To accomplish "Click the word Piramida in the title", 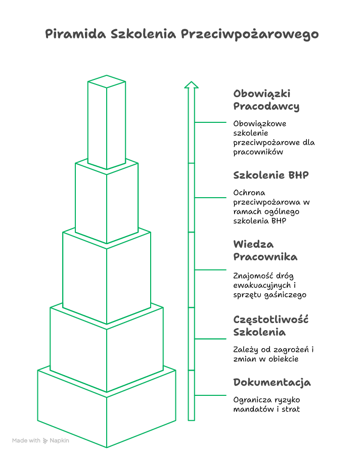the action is tap(75, 34).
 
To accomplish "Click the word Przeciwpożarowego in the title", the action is tap(250, 35).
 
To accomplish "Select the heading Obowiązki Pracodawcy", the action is tap(266, 100).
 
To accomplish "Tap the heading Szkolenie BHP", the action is tap(271, 175).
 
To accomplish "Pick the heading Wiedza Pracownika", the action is tap(265, 250).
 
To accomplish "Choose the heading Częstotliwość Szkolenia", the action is tap(270, 326).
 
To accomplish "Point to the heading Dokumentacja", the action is tap(272, 383).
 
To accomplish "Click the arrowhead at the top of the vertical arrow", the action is tap(191, 84).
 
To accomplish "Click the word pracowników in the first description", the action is tap(258, 152).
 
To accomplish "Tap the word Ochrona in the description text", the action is tap(249, 193).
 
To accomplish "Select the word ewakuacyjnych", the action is tap(262, 286).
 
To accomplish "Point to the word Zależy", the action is tap(246, 350).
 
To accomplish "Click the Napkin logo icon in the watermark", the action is tap(45, 441).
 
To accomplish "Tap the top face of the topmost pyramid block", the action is tap(107, 81).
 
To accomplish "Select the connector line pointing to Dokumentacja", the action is tap(210, 395).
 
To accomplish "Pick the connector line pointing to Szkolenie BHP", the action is tap(210, 198).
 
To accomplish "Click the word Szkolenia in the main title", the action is tap(143, 34).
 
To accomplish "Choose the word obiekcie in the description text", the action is tap(283, 359).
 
